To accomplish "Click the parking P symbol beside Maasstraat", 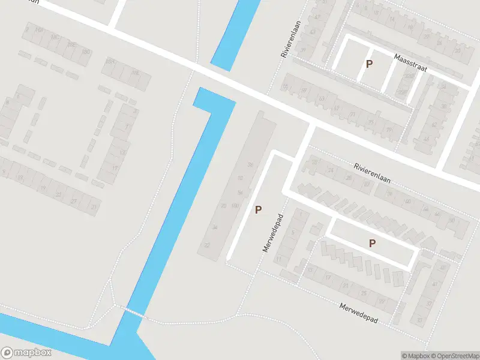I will point(370,64).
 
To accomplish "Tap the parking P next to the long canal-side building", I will point(259,209).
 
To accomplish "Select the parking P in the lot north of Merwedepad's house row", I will point(373,243).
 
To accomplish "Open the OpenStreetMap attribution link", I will point(456,356).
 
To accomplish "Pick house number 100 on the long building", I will point(235,206).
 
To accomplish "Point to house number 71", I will point(353,114).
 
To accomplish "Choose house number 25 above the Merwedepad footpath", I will point(364,293).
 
